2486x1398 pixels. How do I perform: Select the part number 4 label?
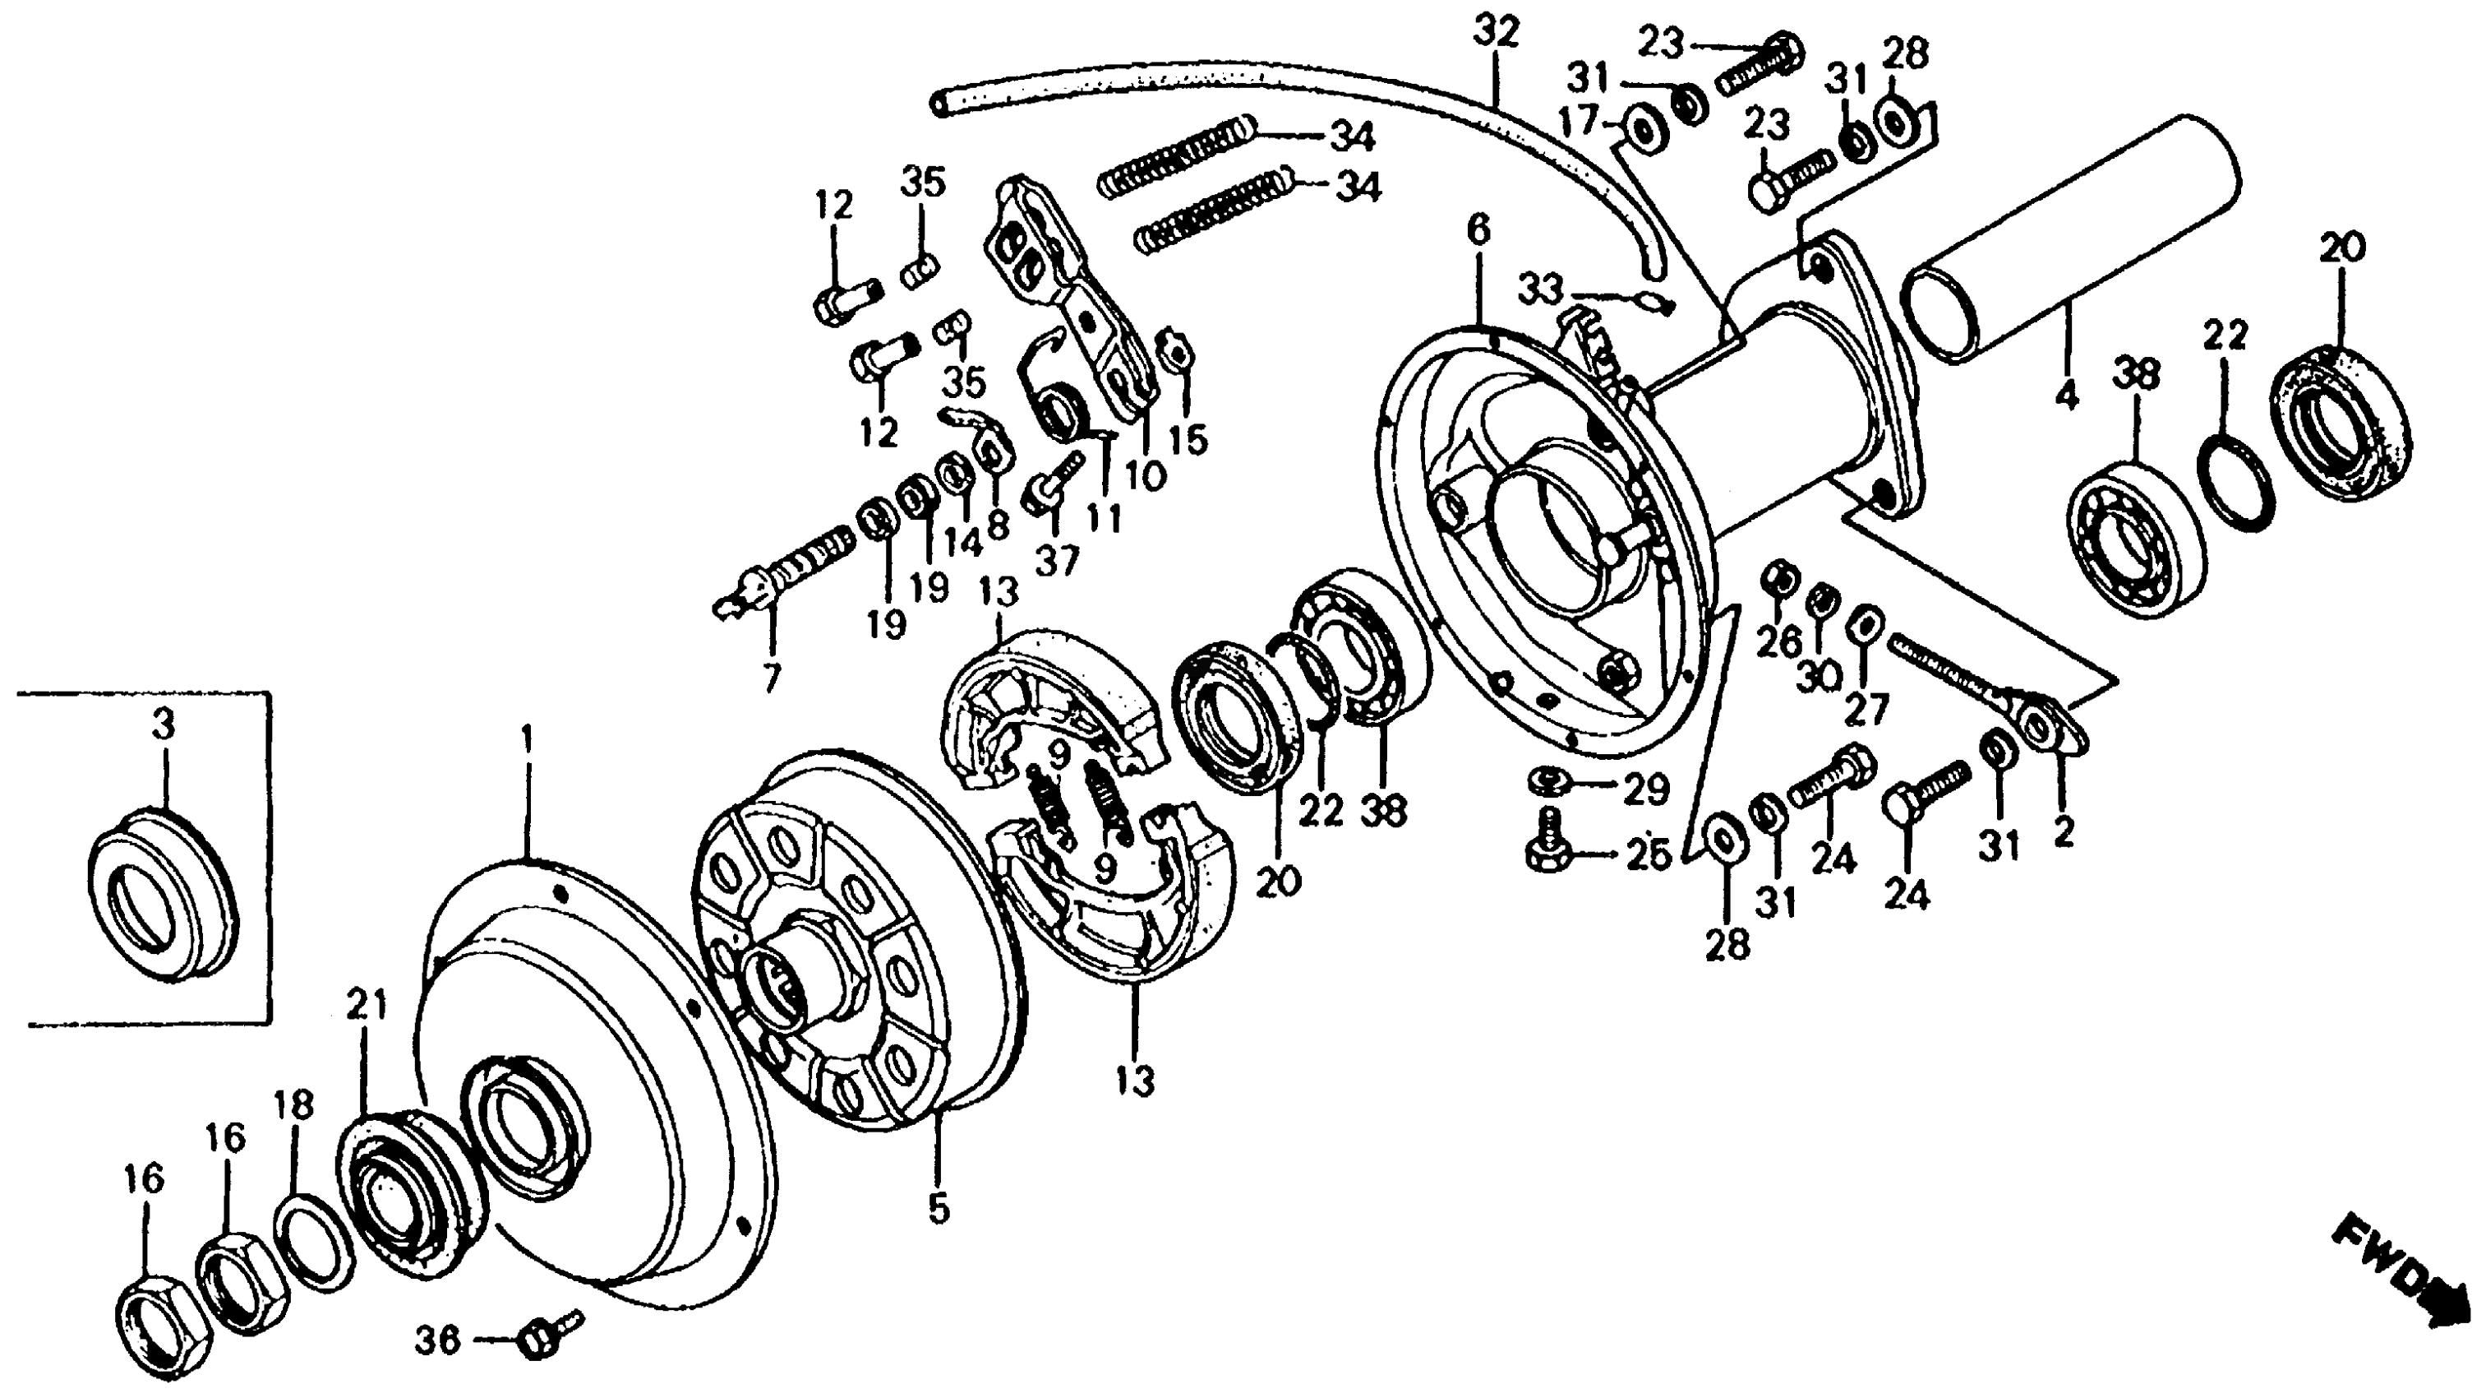pos(2066,393)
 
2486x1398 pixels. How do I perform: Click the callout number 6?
pos(1478,229)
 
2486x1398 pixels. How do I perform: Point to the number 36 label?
pos(438,1340)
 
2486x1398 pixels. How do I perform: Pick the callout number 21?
pos(367,1005)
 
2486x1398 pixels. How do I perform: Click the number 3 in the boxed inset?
pos(164,723)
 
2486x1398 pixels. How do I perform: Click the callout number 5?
pos(939,1208)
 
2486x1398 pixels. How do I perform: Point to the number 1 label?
pos(527,742)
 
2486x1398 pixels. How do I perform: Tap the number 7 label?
pos(770,678)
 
